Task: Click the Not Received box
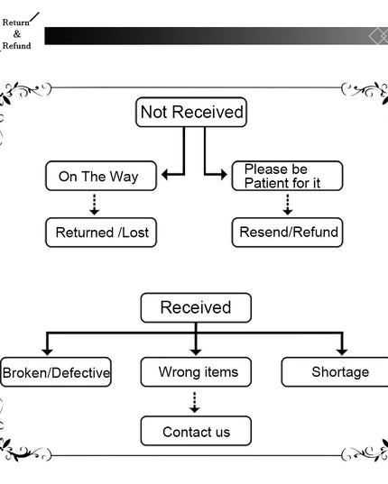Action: (x=191, y=112)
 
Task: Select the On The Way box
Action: (x=101, y=176)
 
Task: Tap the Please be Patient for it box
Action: (x=287, y=176)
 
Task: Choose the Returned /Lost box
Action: (x=101, y=233)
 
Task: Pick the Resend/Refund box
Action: (x=287, y=233)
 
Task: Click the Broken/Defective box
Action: (x=56, y=372)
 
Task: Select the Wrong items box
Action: (x=196, y=372)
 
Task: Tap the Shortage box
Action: (x=335, y=372)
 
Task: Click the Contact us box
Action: (x=196, y=431)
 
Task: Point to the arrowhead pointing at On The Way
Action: (x=164, y=175)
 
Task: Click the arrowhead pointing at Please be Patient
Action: (x=224, y=175)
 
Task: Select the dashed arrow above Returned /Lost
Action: (x=95, y=205)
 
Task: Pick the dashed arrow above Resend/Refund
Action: (x=288, y=205)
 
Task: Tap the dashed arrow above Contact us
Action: (x=194, y=403)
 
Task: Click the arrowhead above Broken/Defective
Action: (x=47, y=352)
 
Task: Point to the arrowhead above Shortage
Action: (x=342, y=352)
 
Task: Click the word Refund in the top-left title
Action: (x=16, y=46)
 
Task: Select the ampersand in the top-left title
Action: (x=17, y=34)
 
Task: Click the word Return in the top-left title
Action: (x=15, y=23)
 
